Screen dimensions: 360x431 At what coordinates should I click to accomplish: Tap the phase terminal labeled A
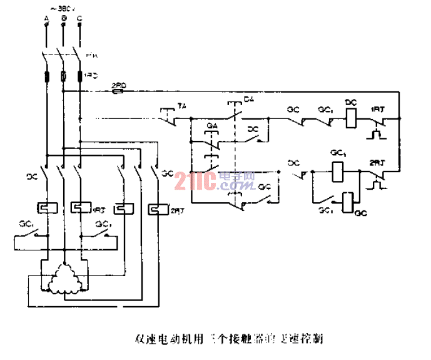(47, 23)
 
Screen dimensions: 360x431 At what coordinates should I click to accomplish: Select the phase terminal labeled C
(79, 23)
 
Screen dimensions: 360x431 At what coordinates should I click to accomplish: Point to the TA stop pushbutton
(168, 115)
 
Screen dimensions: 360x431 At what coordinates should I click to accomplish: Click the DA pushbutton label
(249, 100)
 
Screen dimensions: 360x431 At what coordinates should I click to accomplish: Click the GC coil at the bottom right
(347, 201)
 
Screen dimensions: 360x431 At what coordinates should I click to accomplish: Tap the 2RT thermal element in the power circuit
(157, 208)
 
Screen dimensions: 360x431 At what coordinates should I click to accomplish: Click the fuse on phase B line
(63, 76)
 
